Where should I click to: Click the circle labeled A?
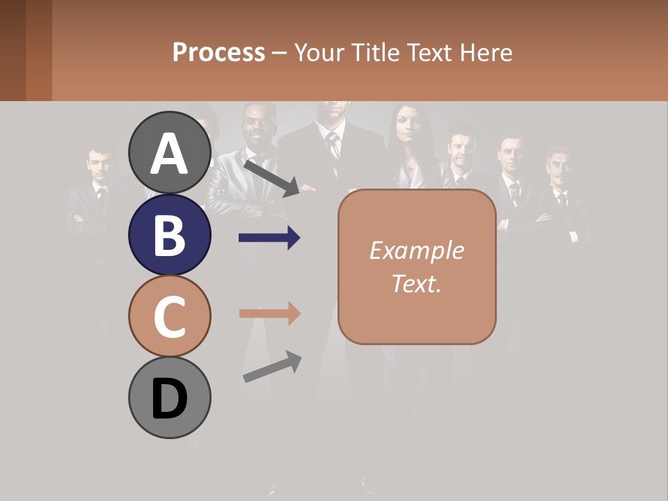tap(170, 152)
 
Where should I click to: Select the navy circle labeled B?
tap(170, 235)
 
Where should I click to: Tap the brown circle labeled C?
tap(170, 316)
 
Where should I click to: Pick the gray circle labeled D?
tap(170, 397)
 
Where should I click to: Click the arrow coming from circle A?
tap(271, 177)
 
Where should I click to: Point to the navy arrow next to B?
tap(269, 238)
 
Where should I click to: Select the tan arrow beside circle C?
tap(269, 314)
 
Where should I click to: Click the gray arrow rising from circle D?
tap(272, 367)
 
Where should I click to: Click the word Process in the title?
tap(218, 52)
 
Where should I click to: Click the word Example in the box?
tap(416, 250)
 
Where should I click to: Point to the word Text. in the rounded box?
tap(416, 283)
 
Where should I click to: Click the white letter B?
tap(170, 235)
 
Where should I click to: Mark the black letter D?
tap(170, 400)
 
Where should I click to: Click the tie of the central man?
tap(334, 145)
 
